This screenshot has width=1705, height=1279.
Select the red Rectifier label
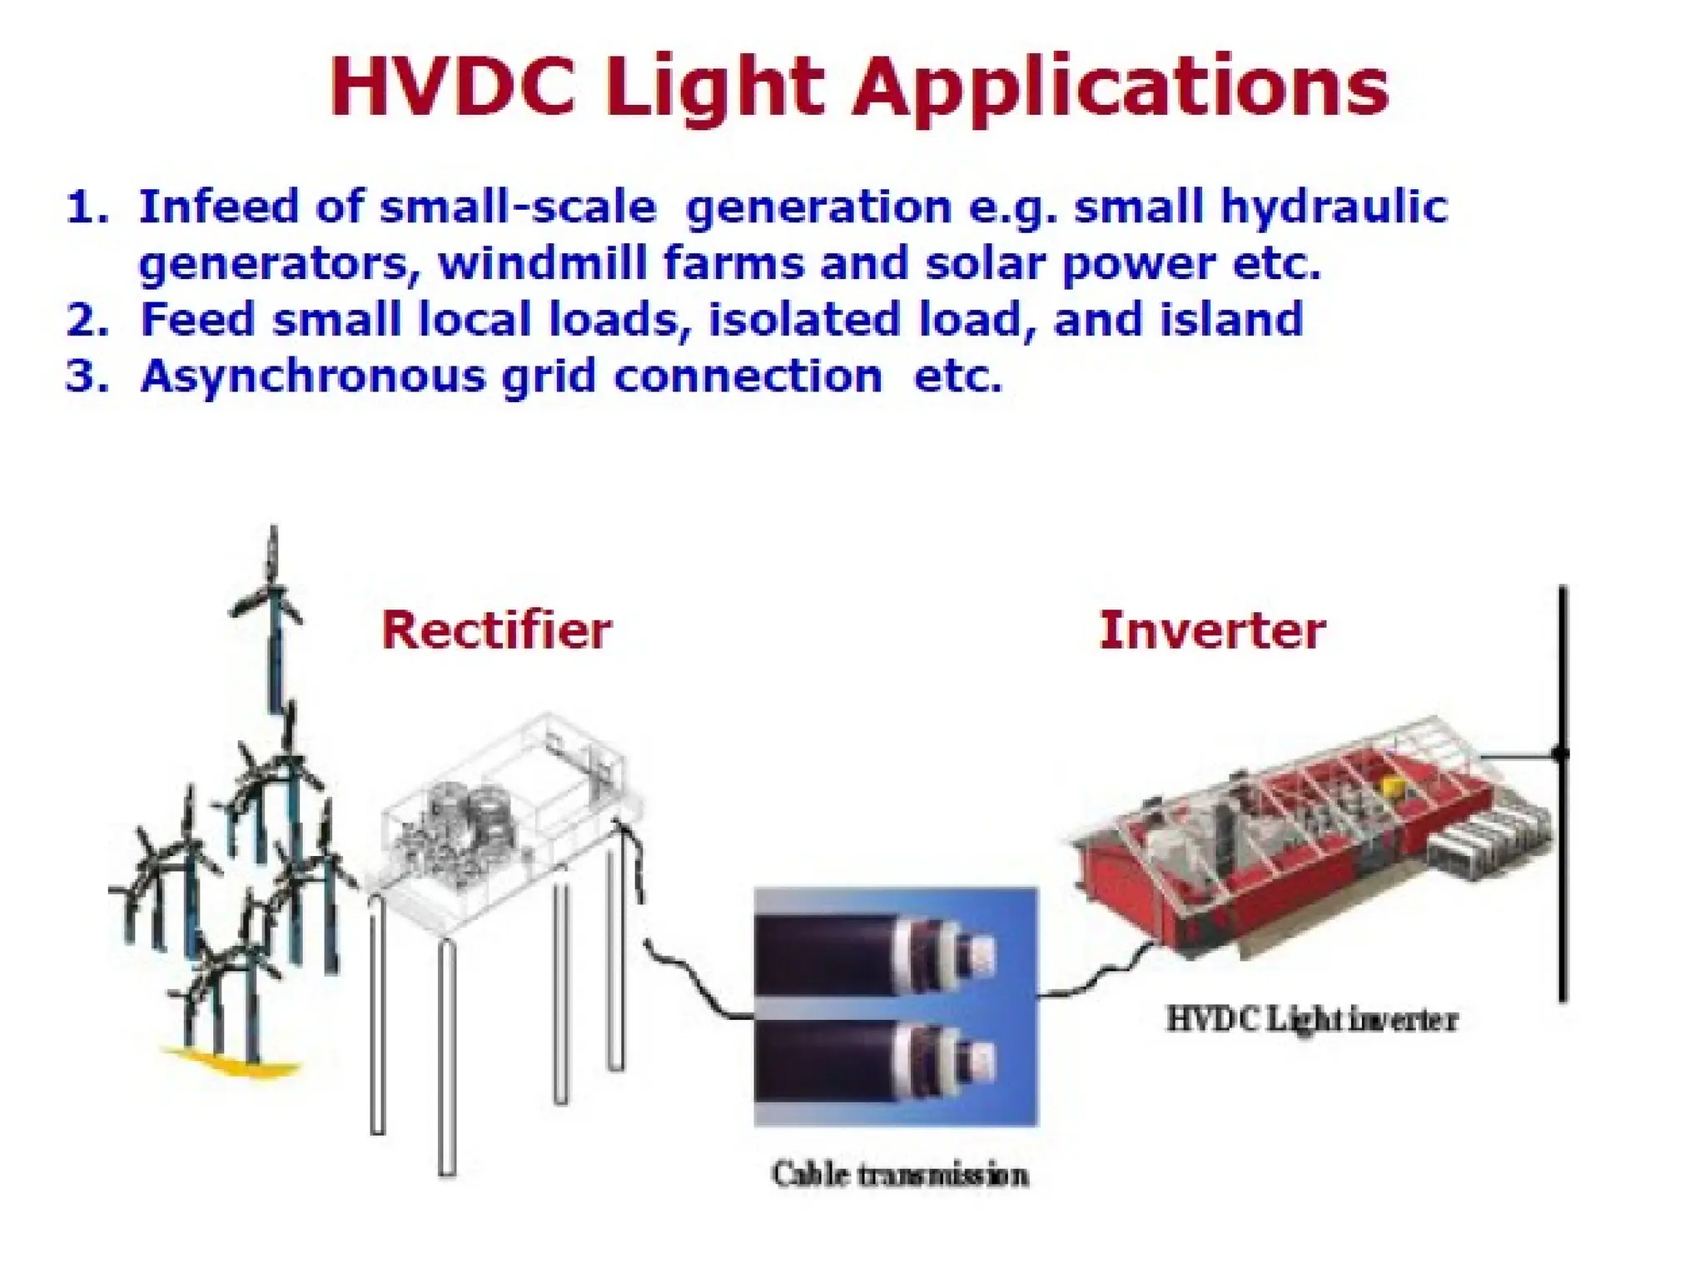(x=496, y=630)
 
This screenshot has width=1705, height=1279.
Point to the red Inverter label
(x=1212, y=630)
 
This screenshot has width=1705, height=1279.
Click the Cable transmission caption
(x=899, y=1175)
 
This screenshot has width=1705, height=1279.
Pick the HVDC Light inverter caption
(x=1311, y=1019)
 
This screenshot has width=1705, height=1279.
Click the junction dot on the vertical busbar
(x=1561, y=754)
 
